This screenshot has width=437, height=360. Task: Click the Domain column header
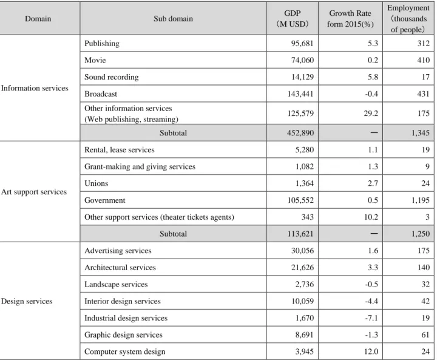coord(38,19)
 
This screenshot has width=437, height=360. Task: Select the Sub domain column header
coord(173,19)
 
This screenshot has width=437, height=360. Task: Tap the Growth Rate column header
coord(350,19)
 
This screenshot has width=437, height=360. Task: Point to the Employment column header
coord(408,19)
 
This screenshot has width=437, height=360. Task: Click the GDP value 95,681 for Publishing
coord(302,44)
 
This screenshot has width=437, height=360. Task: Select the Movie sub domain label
coord(95,60)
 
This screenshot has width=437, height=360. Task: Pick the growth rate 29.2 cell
coord(371,113)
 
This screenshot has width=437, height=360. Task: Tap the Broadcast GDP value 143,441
coord(300,93)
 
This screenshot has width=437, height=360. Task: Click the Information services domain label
coord(35,88)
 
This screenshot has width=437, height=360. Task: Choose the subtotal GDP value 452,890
coord(300,133)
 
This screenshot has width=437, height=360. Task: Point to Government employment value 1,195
coord(420,200)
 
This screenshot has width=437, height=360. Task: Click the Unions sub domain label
coord(96,183)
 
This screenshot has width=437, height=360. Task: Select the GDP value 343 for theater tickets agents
coord(307,217)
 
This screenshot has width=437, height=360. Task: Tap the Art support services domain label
coord(34,192)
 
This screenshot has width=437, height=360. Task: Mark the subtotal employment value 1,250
coord(420,234)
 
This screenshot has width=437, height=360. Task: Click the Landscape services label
coord(116,285)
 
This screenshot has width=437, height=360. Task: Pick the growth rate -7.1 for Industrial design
coord(371,318)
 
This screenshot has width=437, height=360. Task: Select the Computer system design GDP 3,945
coord(304,352)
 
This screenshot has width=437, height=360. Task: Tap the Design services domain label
coord(27,301)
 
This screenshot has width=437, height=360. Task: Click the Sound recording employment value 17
coord(425,77)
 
